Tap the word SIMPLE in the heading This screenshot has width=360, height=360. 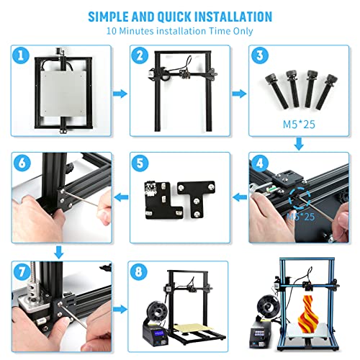pyautogui.click(x=112, y=16)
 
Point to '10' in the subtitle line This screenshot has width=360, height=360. pyautogui.click(x=112, y=32)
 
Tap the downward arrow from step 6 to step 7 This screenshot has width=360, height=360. pyautogui.click(x=60, y=251)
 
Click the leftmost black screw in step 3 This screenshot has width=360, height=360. pyautogui.click(x=276, y=87)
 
